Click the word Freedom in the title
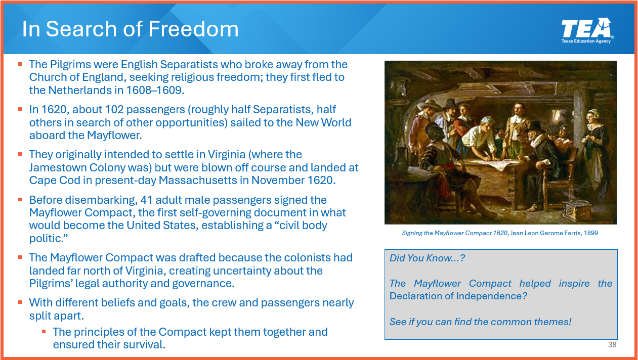tap(193, 29)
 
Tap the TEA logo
tap(587, 30)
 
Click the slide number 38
tap(612, 345)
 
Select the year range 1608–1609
tap(155, 90)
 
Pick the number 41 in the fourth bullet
tap(146, 200)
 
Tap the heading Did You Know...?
tap(427, 258)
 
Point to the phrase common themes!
tap(531, 322)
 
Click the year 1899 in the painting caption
tap(591, 233)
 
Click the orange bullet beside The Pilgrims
tap(20, 64)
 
